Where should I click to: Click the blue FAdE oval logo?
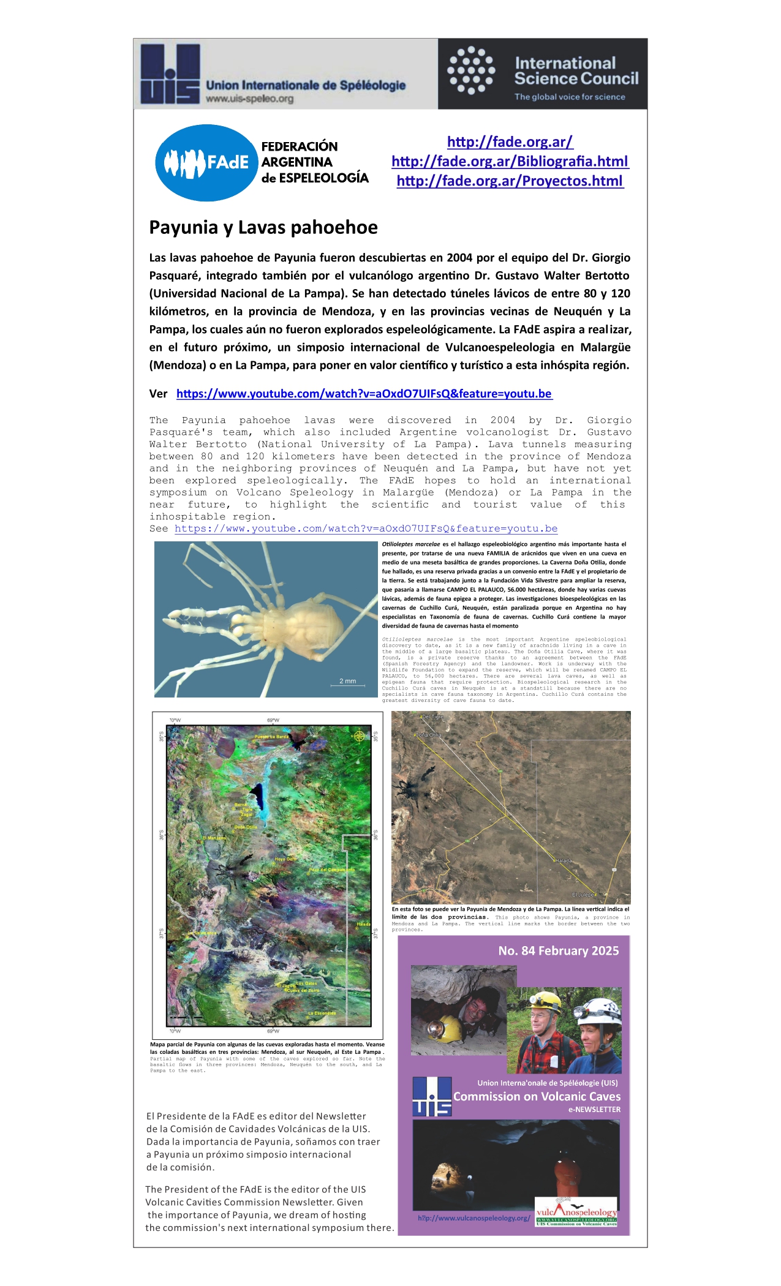click(x=206, y=163)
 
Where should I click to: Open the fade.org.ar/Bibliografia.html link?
click(x=510, y=161)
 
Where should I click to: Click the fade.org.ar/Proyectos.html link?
click(x=510, y=181)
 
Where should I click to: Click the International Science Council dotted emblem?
click(x=470, y=70)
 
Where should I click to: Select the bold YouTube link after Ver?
click(x=364, y=394)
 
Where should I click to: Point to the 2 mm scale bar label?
click(x=347, y=681)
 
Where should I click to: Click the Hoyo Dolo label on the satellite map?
click(x=285, y=859)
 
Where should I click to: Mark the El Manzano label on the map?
click(x=214, y=838)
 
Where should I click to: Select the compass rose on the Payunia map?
click(x=360, y=736)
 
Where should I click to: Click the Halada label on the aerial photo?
click(x=564, y=860)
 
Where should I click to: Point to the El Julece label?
click(x=583, y=895)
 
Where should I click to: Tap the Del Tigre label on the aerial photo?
click(x=432, y=716)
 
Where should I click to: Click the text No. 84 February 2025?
click(x=558, y=950)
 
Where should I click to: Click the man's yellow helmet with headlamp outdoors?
click(x=545, y=1002)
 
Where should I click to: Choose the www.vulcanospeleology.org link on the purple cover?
click(x=474, y=1218)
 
